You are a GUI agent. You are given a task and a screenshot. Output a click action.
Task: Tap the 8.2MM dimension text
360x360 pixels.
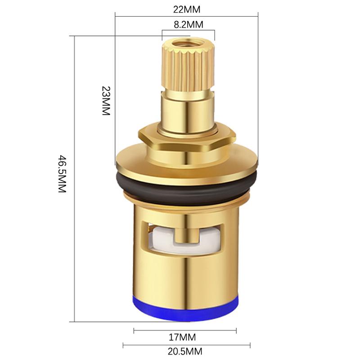(189, 24)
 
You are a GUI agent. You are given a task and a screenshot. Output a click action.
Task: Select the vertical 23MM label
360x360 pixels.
(105, 101)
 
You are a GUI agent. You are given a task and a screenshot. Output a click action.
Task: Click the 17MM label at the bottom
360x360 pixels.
(184, 337)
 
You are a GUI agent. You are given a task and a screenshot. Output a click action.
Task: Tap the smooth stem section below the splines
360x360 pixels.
(187, 110)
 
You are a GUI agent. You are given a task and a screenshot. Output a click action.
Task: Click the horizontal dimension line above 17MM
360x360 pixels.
(185, 331)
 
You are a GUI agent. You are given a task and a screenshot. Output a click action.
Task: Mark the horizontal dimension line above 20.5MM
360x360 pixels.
(186, 345)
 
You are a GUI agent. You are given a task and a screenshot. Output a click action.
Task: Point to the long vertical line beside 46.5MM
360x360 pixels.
(74, 180)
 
